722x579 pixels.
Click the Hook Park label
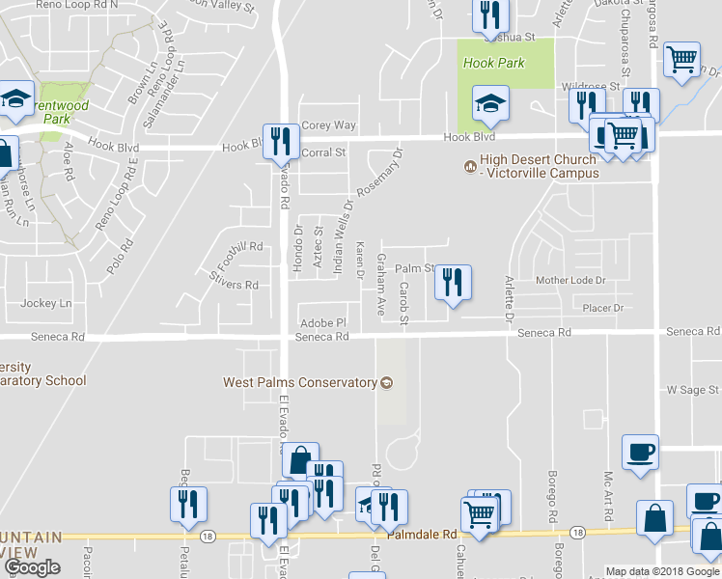493,64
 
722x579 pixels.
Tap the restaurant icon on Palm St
453,284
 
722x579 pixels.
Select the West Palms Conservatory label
299,382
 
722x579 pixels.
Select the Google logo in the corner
32,567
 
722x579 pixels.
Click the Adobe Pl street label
323,322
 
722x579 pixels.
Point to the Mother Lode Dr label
569,281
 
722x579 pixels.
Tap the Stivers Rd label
234,285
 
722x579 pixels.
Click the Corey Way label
329,125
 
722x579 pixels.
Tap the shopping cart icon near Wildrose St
682,60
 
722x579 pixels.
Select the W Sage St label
694,390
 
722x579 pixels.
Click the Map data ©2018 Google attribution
662,571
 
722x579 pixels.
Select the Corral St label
324,152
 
